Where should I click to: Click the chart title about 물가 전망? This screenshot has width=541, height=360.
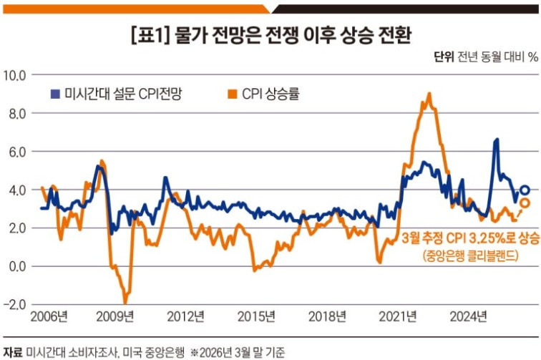pyautogui.click(x=270, y=34)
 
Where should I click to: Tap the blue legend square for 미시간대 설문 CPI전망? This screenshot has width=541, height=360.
pyautogui.click(x=55, y=94)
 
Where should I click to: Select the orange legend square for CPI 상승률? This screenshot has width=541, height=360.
pyautogui.click(x=233, y=94)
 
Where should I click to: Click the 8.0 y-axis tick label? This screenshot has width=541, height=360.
pyautogui.click(x=16, y=113)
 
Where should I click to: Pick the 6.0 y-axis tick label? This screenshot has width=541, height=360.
pyautogui.click(x=16, y=152)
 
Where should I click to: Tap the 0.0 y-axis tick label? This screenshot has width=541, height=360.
pyautogui.click(x=16, y=266)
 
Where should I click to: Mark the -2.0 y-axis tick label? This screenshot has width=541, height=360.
pyautogui.click(x=14, y=304)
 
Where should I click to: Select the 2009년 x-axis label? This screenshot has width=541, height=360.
pyautogui.click(x=117, y=316)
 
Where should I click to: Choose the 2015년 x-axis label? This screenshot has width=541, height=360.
pyautogui.click(x=256, y=316)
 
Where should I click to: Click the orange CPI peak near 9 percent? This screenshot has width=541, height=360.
pyautogui.click(x=429, y=94)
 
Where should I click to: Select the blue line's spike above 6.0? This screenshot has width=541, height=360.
pyautogui.click(x=496, y=140)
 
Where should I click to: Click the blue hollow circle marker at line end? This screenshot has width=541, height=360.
pyautogui.click(x=525, y=190)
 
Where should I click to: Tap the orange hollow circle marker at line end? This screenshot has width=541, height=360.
pyautogui.click(x=525, y=203)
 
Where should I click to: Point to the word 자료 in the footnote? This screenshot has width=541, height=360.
pyautogui.click(x=12, y=351)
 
